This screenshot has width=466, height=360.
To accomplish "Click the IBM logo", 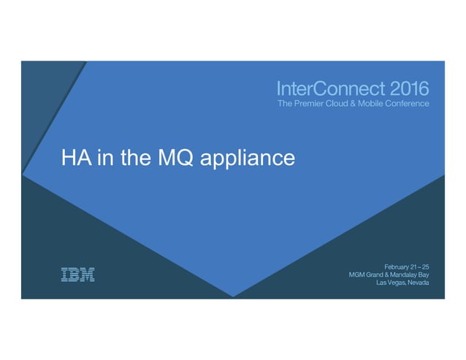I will (77, 275).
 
